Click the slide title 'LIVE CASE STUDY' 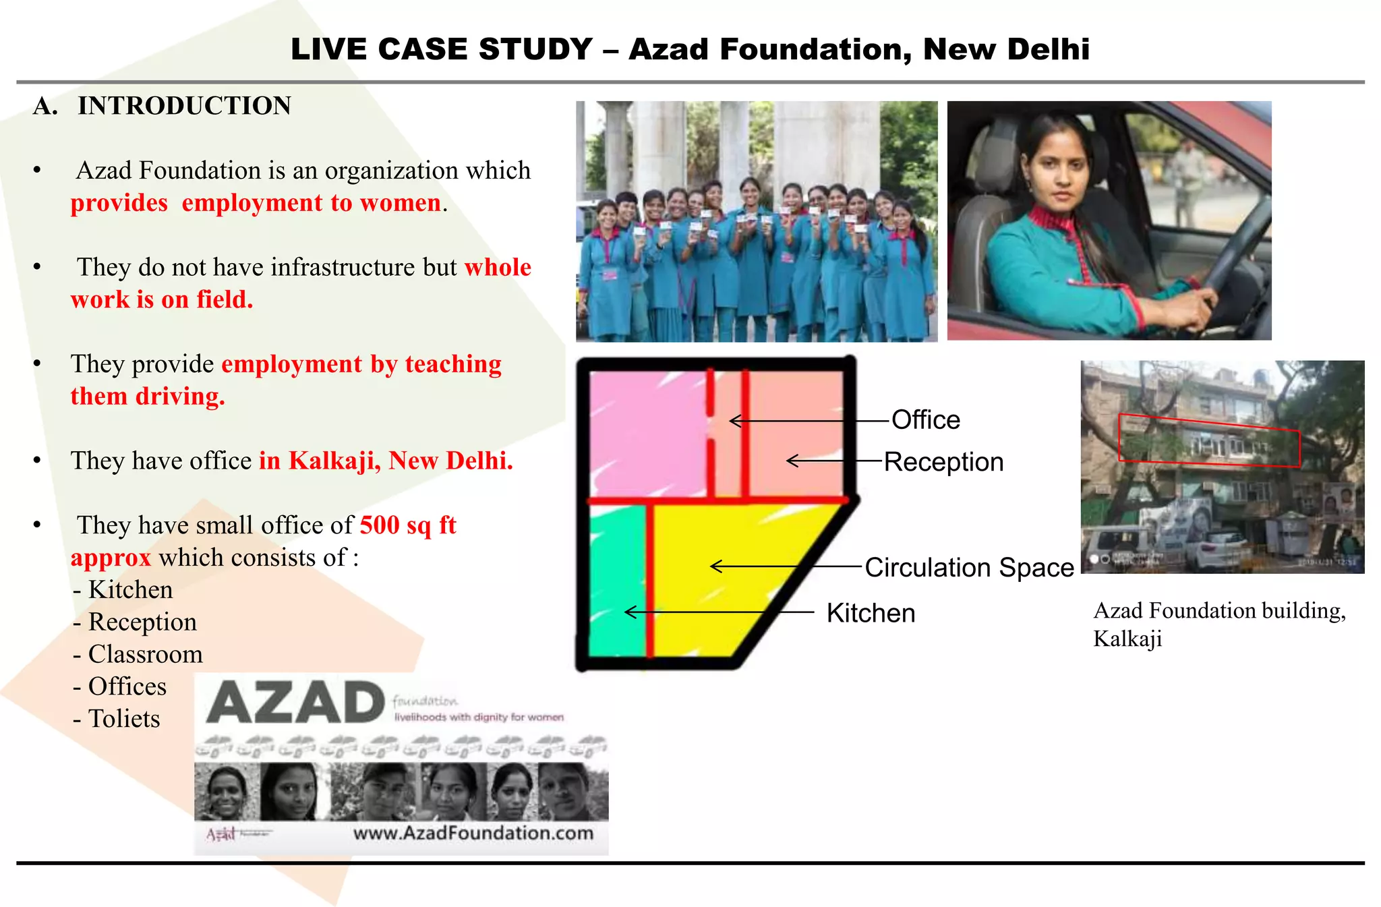(442, 49)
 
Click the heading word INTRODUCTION (184, 106)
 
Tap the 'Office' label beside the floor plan (925, 420)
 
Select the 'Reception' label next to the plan (943, 463)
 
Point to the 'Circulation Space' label (968, 568)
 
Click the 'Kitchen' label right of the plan (870, 614)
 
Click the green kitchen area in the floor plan (615, 580)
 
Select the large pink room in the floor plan (647, 432)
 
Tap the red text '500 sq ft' (407, 525)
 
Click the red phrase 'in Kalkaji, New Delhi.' (386, 461)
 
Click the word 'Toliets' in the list (124, 719)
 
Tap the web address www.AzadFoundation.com (473, 833)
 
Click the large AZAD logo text (295, 703)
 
